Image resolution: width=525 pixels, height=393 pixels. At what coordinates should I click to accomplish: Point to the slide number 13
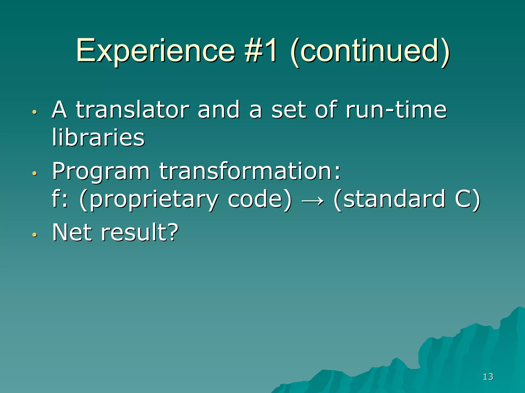click(488, 377)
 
